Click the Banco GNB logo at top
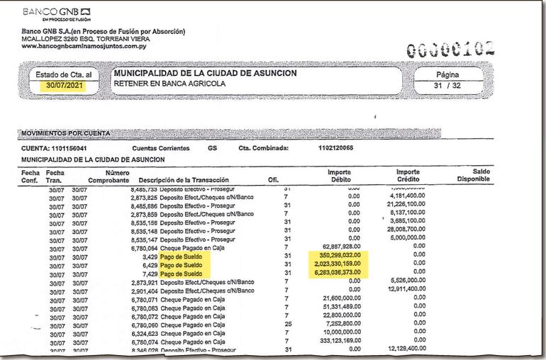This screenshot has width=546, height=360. pos(57,13)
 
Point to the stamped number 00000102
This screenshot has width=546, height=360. pos(454,49)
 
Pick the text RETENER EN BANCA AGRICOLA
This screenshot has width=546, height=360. pos(169,84)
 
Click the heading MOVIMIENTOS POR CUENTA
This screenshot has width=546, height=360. pos(65,133)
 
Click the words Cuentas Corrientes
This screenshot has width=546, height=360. pos(161,149)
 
